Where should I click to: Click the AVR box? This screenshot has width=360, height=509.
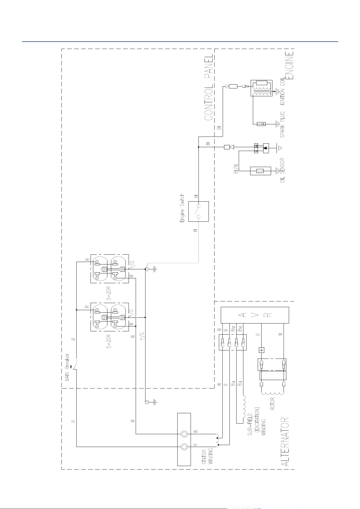coord(255,315)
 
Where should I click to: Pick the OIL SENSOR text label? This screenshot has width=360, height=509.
coord(283,170)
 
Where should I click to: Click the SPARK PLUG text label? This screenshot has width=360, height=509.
coord(283,124)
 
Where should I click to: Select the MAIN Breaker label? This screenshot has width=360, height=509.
coord(67,367)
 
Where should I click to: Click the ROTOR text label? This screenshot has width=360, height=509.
coord(272,403)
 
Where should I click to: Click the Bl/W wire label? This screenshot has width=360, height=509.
coord(236,168)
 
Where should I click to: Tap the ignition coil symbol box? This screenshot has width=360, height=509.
coord(261,88)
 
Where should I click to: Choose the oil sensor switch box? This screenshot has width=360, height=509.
coord(260,171)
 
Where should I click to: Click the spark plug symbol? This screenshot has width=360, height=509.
coord(261,124)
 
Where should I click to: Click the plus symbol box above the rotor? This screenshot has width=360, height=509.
coord(262,350)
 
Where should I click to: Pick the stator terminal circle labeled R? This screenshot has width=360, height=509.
coord(184,446)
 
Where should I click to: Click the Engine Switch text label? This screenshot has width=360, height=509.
coord(182,208)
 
